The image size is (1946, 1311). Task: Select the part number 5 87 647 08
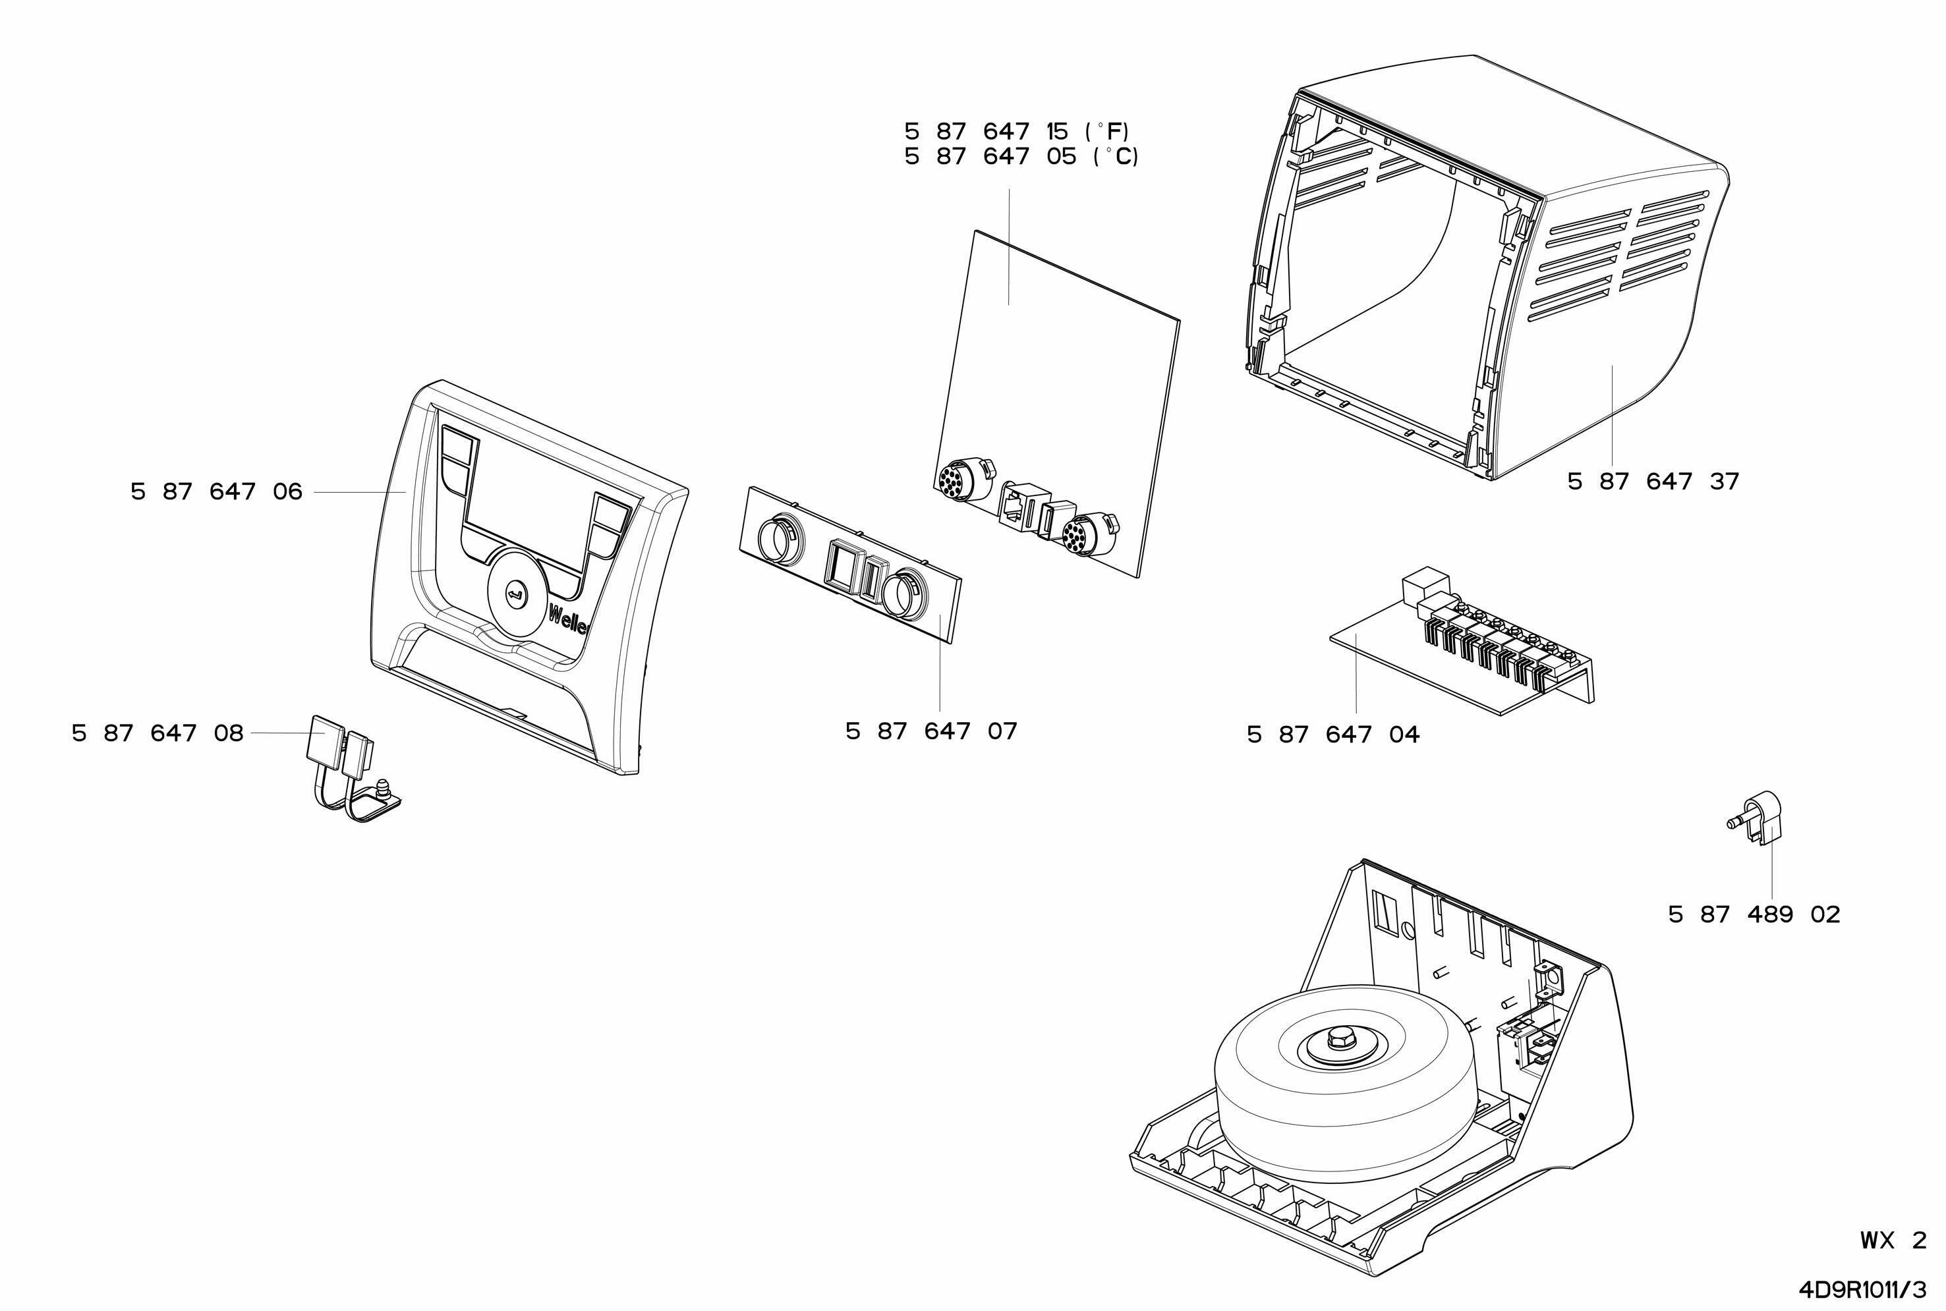tap(157, 733)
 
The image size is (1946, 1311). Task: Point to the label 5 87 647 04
tap(1332, 735)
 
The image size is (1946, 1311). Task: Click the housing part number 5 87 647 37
tap(1653, 482)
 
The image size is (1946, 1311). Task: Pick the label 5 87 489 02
tap(1754, 914)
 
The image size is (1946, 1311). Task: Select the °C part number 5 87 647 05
tap(1020, 156)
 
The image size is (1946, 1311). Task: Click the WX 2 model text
tap(1893, 1240)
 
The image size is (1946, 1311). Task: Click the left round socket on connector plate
tap(780, 538)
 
